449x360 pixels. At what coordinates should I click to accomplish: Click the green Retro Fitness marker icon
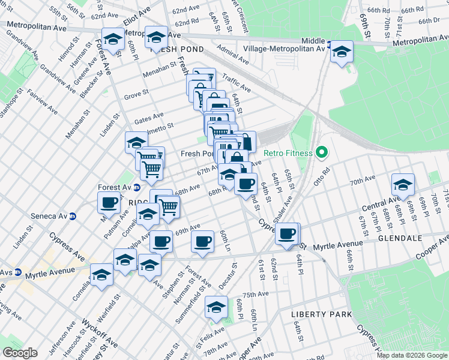(x=322, y=153)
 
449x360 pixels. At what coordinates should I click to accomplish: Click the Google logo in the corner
(x=20, y=353)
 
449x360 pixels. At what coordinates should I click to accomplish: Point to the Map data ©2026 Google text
(x=412, y=355)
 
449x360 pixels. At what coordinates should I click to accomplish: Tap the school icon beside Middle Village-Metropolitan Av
(x=342, y=52)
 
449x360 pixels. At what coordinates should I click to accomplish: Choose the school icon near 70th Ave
(x=403, y=184)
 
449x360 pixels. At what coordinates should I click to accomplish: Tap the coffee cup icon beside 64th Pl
(x=288, y=233)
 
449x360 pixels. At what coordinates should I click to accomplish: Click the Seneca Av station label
(x=51, y=216)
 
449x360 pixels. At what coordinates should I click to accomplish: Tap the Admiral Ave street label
(x=233, y=57)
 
